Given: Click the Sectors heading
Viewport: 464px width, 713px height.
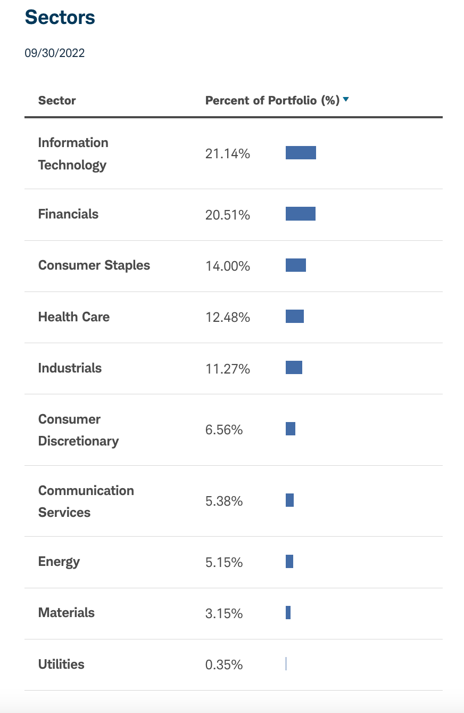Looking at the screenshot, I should pyautogui.click(x=60, y=18).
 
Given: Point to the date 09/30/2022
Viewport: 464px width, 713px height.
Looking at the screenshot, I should pyautogui.click(x=54, y=53).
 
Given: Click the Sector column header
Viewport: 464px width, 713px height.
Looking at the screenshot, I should pyautogui.click(x=57, y=101).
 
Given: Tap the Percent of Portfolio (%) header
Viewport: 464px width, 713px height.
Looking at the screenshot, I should pyautogui.click(x=272, y=101).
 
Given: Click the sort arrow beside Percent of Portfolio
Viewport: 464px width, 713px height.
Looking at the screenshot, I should pyautogui.click(x=346, y=99).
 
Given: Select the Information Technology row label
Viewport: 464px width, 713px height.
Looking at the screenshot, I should pyautogui.click(x=73, y=153).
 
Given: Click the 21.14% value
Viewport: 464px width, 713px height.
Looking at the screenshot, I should pyautogui.click(x=227, y=155).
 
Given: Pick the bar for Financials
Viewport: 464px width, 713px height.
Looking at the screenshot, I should pyautogui.click(x=301, y=214).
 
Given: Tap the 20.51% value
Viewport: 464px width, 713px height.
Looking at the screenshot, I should pyautogui.click(x=227, y=215).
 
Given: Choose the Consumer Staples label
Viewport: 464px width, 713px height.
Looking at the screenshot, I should pyautogui.click(x=94, y=265).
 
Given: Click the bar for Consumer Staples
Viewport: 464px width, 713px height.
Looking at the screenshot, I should pyautogui.click(x=296, y=265).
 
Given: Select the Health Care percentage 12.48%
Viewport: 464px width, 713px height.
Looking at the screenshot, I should pyautogui.click(x=227, y=318).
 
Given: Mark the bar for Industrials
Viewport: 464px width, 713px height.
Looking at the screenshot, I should pyautogui.click(x=294, y=368).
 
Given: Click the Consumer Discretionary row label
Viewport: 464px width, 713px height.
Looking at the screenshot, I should pyautogui.click(x=78, y=430).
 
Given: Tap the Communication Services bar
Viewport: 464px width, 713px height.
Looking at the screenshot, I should pyautogui.click(x=289, y=500).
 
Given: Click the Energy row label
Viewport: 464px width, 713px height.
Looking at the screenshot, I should pyautogui.click(x=59, y=562).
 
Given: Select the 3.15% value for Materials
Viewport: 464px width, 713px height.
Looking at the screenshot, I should pyautogui.click(x=224, y=614).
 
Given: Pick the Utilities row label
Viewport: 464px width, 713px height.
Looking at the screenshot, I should pyautogui.click(x=61, y=665).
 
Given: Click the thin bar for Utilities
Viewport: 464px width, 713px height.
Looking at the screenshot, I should pyautogui.click(x=286, y=664).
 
